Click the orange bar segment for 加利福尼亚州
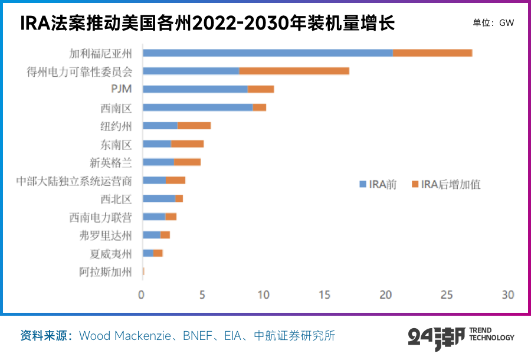tap(432, 53)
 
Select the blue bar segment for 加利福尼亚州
tap(267, 53)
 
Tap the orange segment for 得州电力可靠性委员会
tap(294, 71)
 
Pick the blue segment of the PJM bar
tap(195, 89)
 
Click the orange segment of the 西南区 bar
tap(259, 107)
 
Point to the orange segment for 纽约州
tap(194, 126)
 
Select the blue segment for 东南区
tap(157, 144)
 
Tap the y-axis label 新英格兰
tap(110, 162)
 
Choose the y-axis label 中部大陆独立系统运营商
tap(74, 181)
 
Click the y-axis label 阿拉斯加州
tap(106, 272)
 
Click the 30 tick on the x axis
tap(508, 294)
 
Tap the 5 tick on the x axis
tap(203, 294)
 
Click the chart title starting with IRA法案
tap(207, 24)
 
